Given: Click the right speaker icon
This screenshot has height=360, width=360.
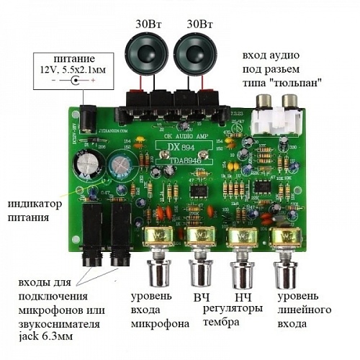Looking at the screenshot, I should click(x=194, y=53).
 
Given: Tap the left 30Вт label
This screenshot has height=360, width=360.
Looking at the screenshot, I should click(x=148, y=23).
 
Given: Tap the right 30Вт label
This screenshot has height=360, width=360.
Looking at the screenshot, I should click(x=199, y=23).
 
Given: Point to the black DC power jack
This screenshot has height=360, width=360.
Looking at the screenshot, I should click(x=88, y=116).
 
